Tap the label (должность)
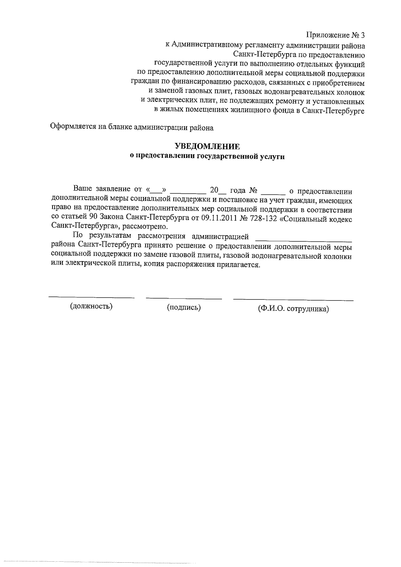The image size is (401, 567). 91,306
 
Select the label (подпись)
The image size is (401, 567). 184,308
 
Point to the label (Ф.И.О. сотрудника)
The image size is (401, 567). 293,309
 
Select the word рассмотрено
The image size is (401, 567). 148,227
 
